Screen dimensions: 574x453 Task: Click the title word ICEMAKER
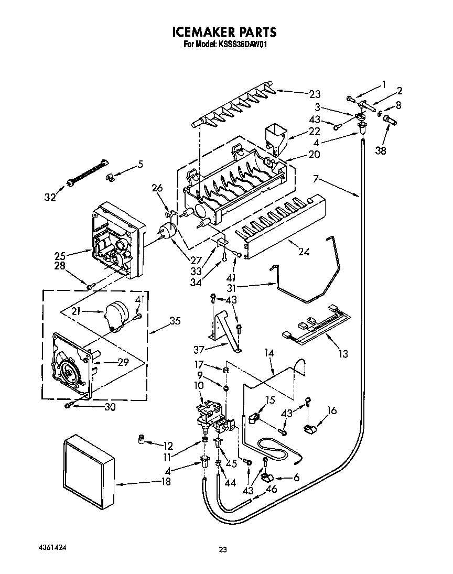(x=202, y=33)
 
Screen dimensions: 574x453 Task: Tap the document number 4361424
(x=53, y=547)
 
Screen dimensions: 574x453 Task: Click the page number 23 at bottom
(x=223, y=550)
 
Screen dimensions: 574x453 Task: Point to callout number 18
(x=166, y=482)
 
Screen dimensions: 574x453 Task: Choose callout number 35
(x=175, y=321)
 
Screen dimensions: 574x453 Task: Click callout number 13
(x=343, y=354)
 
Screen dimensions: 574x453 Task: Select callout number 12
(x=168, y=446)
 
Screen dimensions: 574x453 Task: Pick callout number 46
(x=271, y=490)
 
